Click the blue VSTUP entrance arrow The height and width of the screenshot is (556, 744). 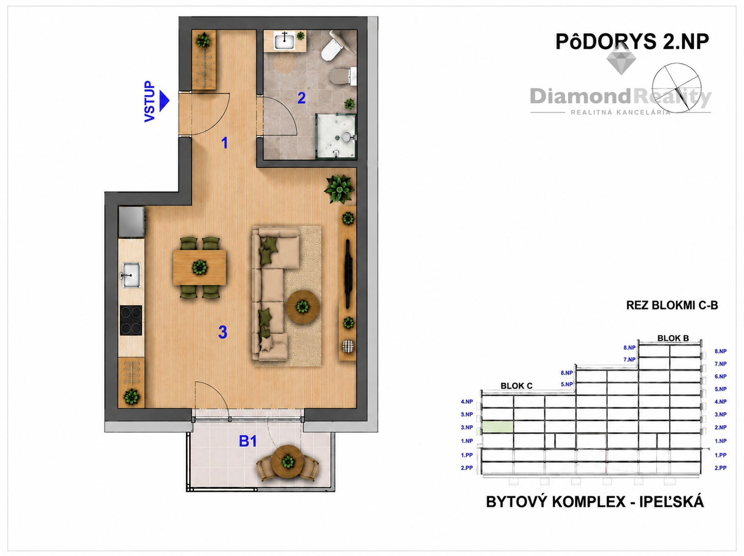click(x=165, y=101)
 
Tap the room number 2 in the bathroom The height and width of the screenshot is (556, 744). click(x=301, y=98)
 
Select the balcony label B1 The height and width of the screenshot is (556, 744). click(x=248, y=441)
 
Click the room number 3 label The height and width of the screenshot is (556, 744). click(x=223, y=332)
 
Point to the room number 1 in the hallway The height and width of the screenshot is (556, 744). click(x=225, y=143)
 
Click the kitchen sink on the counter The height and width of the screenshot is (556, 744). click(x=131, y=275)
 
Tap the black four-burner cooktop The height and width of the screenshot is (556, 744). click(x=131, y=321)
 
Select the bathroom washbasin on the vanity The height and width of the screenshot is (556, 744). click(x=285, y=41)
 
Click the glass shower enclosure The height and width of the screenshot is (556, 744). click(x=336, y=136)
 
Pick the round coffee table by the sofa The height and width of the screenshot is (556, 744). click(x=303, y=307)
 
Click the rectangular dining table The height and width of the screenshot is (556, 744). click(x=199, y=267)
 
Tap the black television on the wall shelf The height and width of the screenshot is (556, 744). click(x=348, y=274)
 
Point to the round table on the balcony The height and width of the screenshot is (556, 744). click(x=288, y=461)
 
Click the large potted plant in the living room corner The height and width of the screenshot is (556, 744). click(x=339, y=189)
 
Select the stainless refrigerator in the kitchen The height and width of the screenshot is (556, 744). click(x=131, y=222)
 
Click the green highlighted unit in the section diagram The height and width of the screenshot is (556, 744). click(x=497, y=427)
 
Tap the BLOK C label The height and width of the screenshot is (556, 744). click(x=516, y=386)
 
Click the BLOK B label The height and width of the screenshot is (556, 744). click(x=673, y=338)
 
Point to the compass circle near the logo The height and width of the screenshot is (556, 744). click(x=676, y=88)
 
